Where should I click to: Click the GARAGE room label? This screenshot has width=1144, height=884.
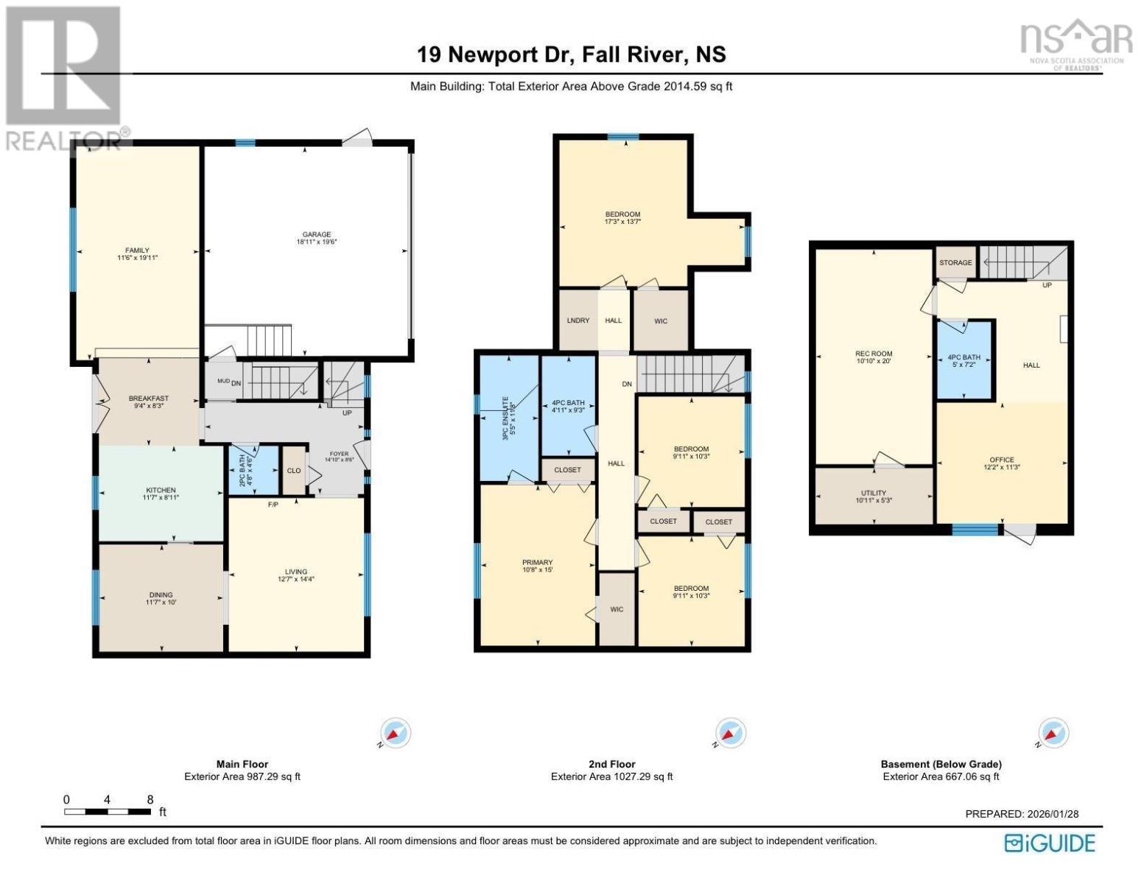coord(318,234)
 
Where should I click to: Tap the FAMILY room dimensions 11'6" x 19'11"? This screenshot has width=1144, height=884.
coord(137,258)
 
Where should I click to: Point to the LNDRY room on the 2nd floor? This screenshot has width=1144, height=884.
coord(578,320)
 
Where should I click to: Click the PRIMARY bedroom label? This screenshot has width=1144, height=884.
coord(538,562)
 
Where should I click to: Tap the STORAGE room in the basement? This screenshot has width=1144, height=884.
coord(955,263)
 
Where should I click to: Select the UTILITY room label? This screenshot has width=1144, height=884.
coord(874,493)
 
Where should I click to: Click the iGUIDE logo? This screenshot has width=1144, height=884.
coord(1050,843)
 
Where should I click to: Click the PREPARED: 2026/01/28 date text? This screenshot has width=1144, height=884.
coord(1022,814)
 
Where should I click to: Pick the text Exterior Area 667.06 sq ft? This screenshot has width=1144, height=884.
coord(941,776)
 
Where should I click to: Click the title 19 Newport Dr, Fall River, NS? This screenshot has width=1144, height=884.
coord(571,55)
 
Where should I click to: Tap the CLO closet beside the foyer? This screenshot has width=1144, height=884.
coord(294,471)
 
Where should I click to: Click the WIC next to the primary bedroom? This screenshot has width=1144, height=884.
coord(617,609)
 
